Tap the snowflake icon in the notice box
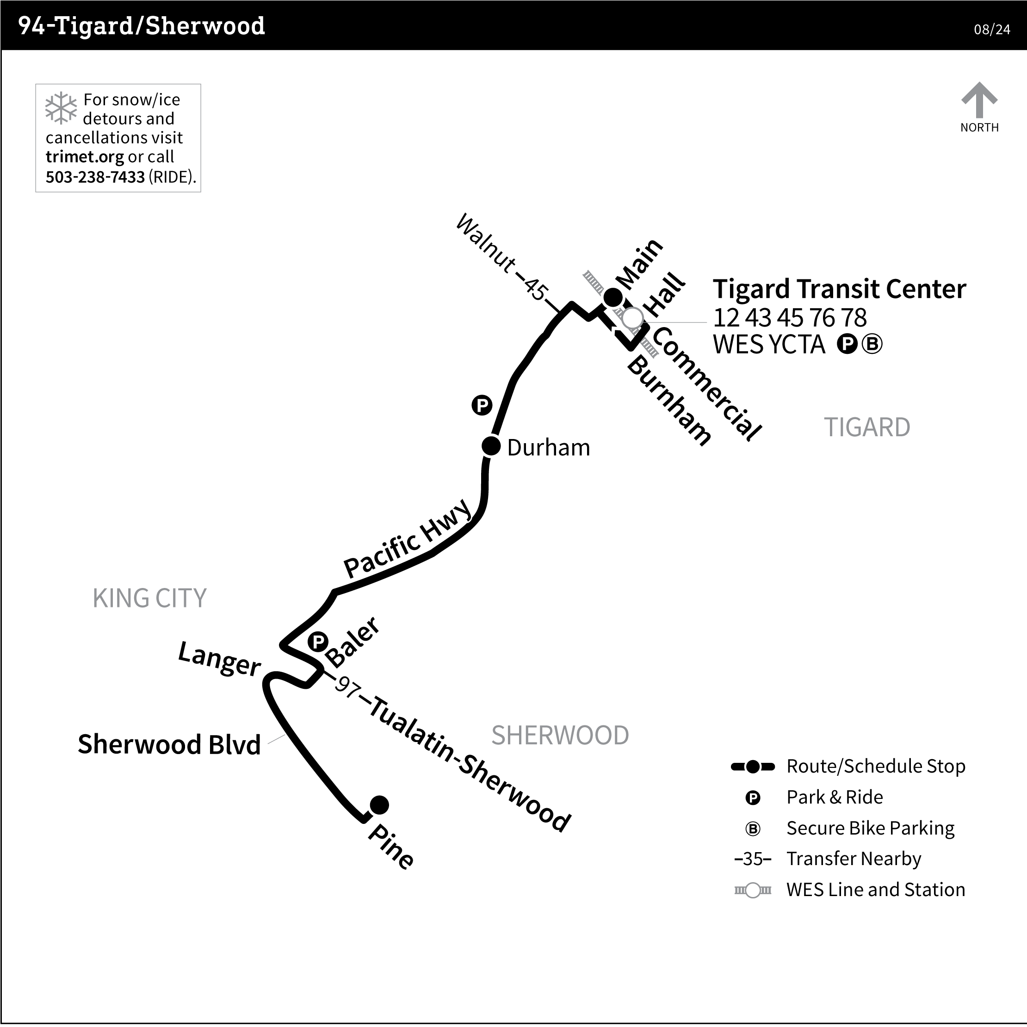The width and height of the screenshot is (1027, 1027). click(x=61, y=108)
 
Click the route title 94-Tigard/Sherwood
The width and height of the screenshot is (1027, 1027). click(x=142, y=25)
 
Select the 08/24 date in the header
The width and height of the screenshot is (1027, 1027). click(x=991, y=29)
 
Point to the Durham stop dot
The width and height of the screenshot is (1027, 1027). click(x=491, y=446)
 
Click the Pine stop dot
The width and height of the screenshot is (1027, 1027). click(x=379, y=805)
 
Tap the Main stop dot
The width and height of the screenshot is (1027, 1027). click(x=612, y=297)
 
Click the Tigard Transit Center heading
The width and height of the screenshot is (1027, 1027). click(x=839, y=289)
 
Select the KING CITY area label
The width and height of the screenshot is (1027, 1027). click(x=149, y=598)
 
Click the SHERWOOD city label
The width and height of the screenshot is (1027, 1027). click(x=560, y=736)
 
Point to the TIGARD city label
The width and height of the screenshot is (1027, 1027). click(x=866, y=427)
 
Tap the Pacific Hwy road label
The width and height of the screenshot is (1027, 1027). click(x=408, y=538)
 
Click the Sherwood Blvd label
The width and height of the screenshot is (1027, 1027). click(x=169, y=744)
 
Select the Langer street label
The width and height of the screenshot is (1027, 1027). click(x=219, y=659)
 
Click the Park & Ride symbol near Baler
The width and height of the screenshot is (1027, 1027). click(x=318, y=642)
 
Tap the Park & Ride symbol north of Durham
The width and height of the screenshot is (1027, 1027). click(x=482, y=406)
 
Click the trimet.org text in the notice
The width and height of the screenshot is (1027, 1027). click(x=85, y=157)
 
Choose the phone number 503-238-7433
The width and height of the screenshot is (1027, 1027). click(x=95, y=177)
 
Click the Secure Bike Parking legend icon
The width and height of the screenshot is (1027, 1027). click(x=753, y=829)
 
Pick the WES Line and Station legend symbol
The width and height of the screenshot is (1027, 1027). click(x=753, y=891)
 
